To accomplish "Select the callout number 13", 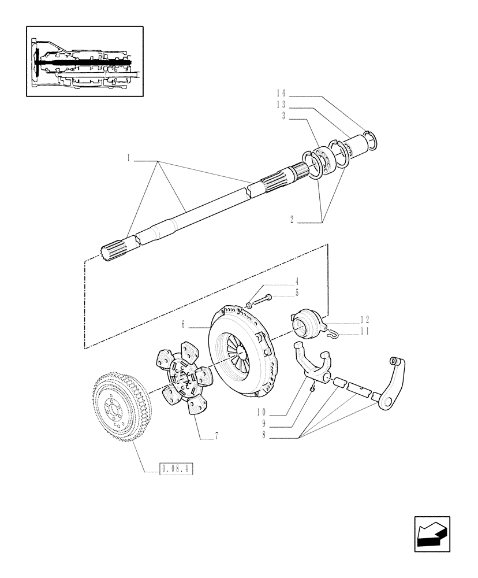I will [x=280, y=105].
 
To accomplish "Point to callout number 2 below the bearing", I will [x=292, y=219].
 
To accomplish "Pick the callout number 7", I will [x=216, y=437].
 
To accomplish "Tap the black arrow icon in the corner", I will [x=431, y=535].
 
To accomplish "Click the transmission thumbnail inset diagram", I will [x=84, y=61].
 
